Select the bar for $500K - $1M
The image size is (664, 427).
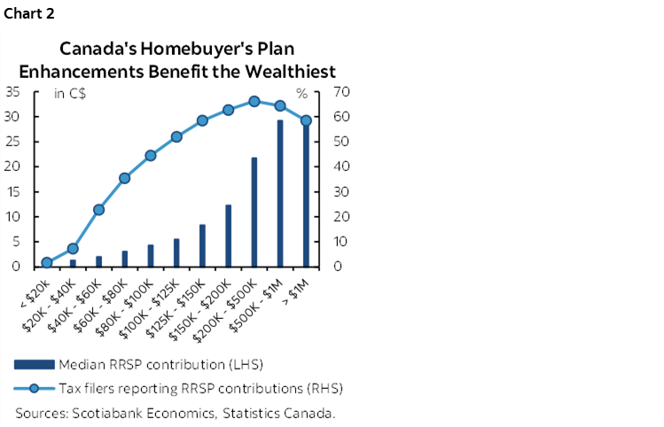pos(280,194)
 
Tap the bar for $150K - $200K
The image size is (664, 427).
pos(229,236)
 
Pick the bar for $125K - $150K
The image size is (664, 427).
pos(202,245)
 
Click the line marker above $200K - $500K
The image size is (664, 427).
pos(254,101)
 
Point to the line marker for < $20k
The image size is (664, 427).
pos(47,262)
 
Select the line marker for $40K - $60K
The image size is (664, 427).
pos(98,210)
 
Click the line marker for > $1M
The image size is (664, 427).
pos(306,120)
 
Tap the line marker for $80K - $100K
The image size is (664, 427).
pos(151,155)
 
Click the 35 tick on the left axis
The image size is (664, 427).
pos(14,92)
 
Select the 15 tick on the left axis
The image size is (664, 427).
pos(14,191)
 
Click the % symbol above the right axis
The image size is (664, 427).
pos(301,92)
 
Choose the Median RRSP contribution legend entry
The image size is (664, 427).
pos(160,364)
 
